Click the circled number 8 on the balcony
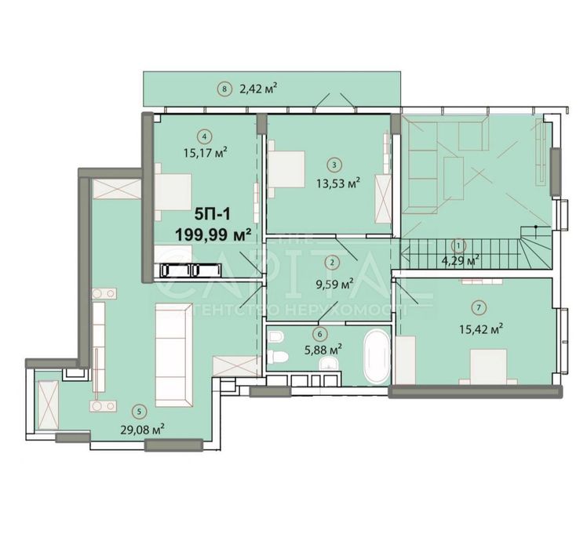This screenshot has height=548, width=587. click(x=224, y=89)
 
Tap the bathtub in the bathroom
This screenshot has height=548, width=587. click(x=377, y=356)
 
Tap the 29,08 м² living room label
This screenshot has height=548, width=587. click(x=146, y=429)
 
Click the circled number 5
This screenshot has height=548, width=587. click(x=139, y=409)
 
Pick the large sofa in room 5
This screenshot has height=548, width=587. click(x=173, y=357)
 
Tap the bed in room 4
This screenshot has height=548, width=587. click(x=173, y=192)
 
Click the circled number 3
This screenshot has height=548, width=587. click(x=334, y=165)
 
